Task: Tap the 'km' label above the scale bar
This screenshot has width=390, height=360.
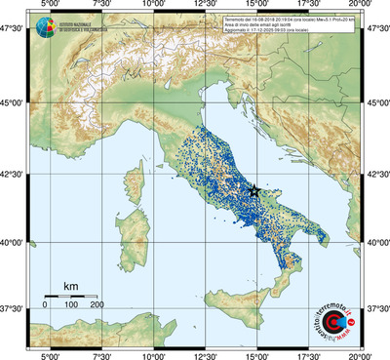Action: click(x=71, y=286)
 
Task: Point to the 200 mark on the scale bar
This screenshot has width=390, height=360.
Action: click(x=97, y=305)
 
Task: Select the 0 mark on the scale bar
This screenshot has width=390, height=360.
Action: click(x=45, y=305)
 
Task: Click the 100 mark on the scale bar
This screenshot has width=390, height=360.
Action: click(x=71, y=305)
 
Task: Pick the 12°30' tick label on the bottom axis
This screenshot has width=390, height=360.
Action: click(x=206, y=354)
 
